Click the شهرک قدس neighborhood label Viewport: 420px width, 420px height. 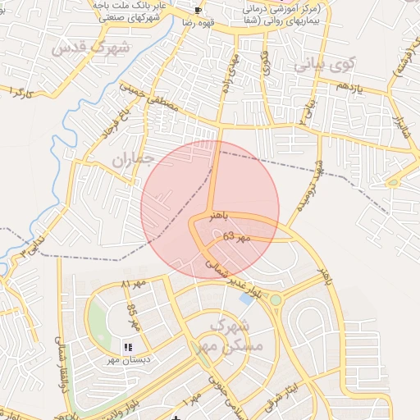(x=90, y=48)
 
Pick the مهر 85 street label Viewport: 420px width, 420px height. (x=131, y=316)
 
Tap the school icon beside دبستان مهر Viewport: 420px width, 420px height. (x=127, y=348)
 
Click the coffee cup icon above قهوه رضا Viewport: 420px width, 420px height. (x=198, y=11)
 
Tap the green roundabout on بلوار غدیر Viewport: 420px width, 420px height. (x=276, y=300)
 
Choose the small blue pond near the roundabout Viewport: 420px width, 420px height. (x=246, y=298)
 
